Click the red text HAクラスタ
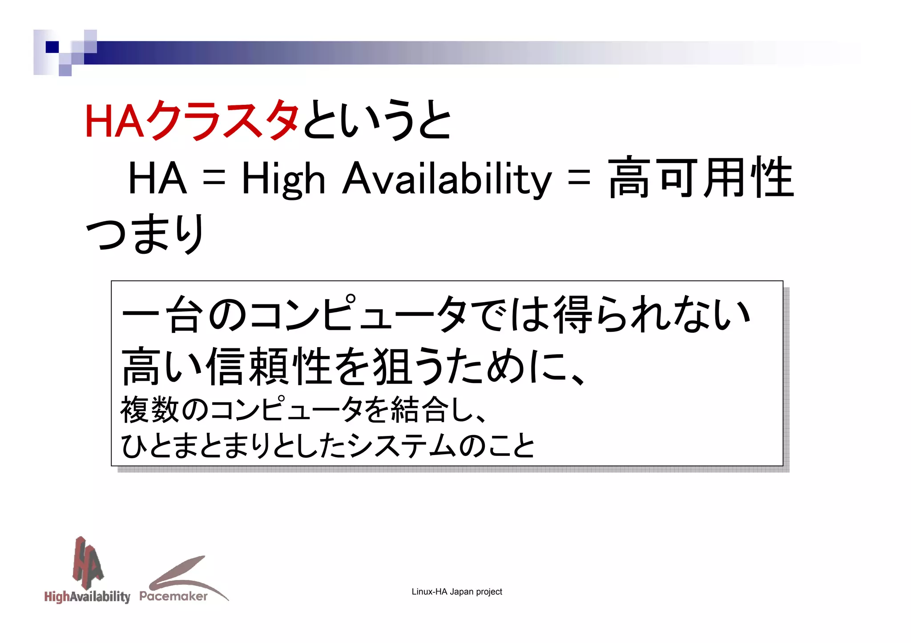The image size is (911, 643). coord(192,120)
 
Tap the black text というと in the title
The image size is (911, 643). coord(377,120)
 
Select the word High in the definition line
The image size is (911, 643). coord(283,179)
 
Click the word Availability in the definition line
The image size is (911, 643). coord(447,179)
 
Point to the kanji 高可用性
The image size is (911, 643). coord(701,178)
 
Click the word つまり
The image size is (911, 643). coord(145,233)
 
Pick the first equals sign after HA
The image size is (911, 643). coord(214,179)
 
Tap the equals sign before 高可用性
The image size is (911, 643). coord(579,179)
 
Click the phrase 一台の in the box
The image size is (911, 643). coord(184,315)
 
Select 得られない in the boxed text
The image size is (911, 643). coord(652,315)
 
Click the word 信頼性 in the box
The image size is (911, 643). coord(269,367)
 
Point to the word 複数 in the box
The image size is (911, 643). coord(149,410)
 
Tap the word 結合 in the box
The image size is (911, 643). coord(419,410)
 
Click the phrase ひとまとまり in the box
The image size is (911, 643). coord(195,446)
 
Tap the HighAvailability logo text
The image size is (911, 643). coord(87,596)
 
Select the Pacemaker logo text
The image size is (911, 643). coord(173,596)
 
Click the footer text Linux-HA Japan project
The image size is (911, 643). coord(457,591)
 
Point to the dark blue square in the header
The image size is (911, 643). coord(52,47)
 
